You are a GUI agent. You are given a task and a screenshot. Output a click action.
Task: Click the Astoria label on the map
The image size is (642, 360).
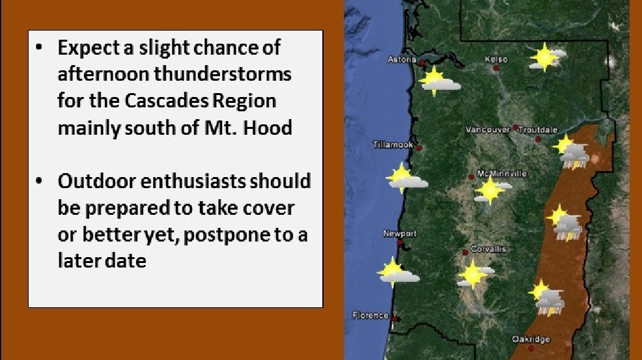click(x=402, y=60)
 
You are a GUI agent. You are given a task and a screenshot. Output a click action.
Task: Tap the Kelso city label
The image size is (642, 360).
click(x=496, y=59)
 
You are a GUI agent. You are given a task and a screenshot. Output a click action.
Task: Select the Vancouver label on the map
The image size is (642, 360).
click(x=488, y=130)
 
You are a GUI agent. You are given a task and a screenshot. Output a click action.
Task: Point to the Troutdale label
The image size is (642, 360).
click(x=538, y=130)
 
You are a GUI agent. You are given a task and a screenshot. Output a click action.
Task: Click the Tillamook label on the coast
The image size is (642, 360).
click(x=393, y=145)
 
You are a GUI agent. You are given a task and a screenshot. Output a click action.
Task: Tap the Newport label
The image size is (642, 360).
click(x=400, y=234)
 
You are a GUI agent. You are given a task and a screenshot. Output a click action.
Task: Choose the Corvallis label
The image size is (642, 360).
click(x=488, y=249)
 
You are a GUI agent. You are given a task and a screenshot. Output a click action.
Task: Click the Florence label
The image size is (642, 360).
click(x=370, y=315)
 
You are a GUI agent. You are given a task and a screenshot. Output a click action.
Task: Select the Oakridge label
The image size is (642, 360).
click(x=531, y=339)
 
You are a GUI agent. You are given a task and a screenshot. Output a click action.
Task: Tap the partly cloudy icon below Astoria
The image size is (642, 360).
click(x=439, y=81)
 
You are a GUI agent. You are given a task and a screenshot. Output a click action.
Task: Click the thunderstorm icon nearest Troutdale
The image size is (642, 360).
click(x=571, y=152)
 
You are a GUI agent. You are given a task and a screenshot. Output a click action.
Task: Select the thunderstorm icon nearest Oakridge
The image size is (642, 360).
click(x=546, y=298)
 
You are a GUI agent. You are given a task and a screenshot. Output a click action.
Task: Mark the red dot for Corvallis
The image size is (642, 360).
click(x=465, y=253)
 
